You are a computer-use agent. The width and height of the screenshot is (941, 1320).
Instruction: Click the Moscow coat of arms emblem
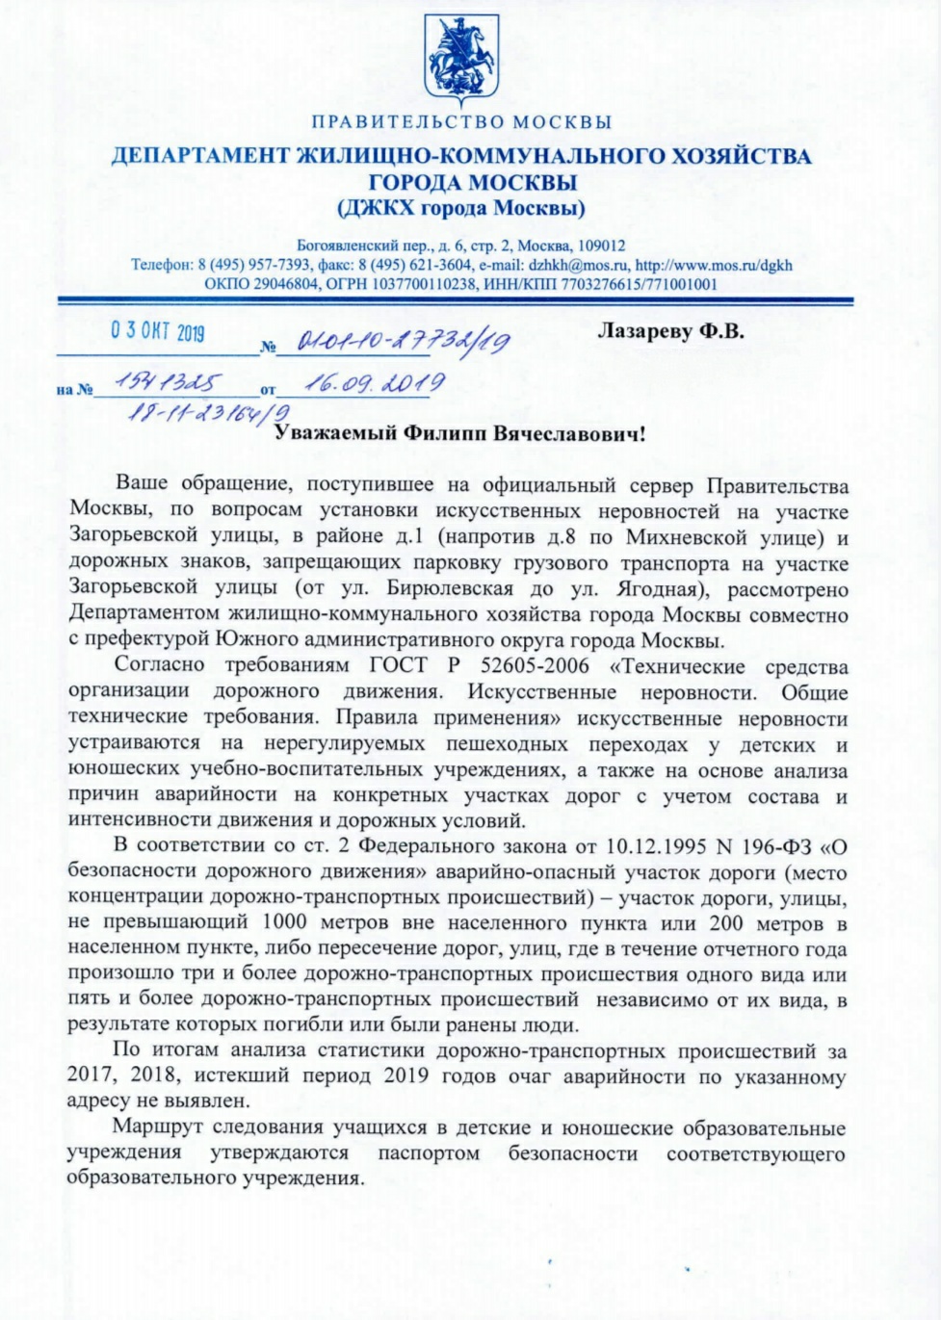(462, 59)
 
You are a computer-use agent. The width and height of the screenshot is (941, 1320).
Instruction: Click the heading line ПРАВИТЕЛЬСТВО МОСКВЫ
(462, 122)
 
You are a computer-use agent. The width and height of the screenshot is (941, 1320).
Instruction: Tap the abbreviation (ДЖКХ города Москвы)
(461, 208)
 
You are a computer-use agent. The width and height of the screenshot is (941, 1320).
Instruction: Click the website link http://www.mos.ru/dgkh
(714, 265)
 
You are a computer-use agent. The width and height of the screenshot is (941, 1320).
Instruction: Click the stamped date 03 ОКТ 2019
(157, 332)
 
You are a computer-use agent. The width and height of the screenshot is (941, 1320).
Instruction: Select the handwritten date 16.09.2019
(374, 383)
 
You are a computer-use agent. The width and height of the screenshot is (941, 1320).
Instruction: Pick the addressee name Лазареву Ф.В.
(670, 331)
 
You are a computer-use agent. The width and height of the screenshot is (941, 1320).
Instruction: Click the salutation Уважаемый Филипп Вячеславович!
(460, 433)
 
